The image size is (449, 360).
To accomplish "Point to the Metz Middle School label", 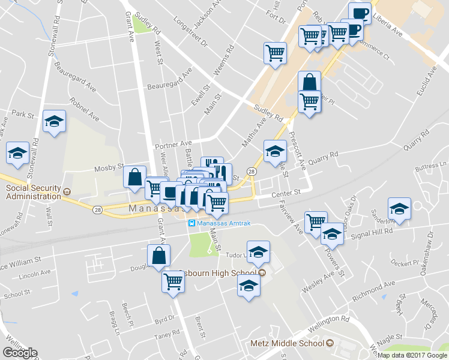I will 287,343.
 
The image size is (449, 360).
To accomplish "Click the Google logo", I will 20,352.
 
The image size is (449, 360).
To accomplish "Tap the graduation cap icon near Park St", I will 54,122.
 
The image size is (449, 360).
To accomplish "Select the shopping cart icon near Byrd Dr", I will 173,280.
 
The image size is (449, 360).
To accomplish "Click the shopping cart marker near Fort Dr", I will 275,52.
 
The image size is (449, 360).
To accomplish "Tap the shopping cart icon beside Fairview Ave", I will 316,222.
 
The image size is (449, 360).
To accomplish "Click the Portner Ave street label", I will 173,145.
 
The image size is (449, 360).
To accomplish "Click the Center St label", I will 285,193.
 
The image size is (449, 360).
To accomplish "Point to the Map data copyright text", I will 412,355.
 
